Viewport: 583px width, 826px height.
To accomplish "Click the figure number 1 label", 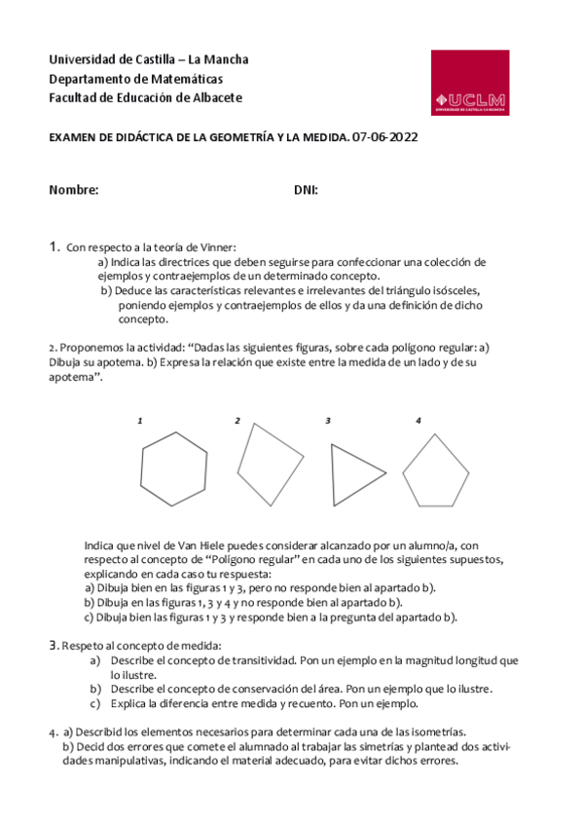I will [x=140, y=421].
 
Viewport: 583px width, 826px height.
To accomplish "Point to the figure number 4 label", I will [x=418, y=421].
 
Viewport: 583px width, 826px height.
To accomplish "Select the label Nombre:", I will [x=74, y=191].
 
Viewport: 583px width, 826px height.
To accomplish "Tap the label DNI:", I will [x=306, y=191].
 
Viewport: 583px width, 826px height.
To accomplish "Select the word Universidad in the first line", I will [x=83, y=59].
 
